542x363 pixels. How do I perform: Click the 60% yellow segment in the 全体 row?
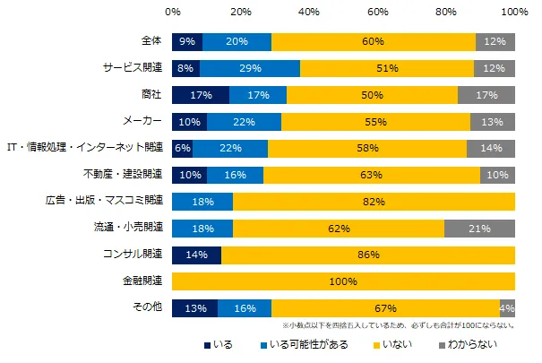point(374,41)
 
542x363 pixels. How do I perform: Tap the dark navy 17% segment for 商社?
point(201,95)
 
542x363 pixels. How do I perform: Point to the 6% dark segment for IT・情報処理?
point(182,148)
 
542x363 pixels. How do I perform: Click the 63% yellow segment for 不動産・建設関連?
point(372,175)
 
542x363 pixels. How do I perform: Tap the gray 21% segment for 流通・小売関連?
point(479,228)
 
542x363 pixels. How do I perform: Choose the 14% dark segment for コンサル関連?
point(196,255)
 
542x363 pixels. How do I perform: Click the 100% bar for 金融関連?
point(343,281)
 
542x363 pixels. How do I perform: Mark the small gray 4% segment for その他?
point(507,307)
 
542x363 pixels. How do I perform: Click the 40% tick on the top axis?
point(309,13)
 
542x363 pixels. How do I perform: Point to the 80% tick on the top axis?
point(446,13)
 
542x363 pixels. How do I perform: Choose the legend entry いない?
point(394,345)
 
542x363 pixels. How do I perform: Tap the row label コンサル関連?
point(132,255)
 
